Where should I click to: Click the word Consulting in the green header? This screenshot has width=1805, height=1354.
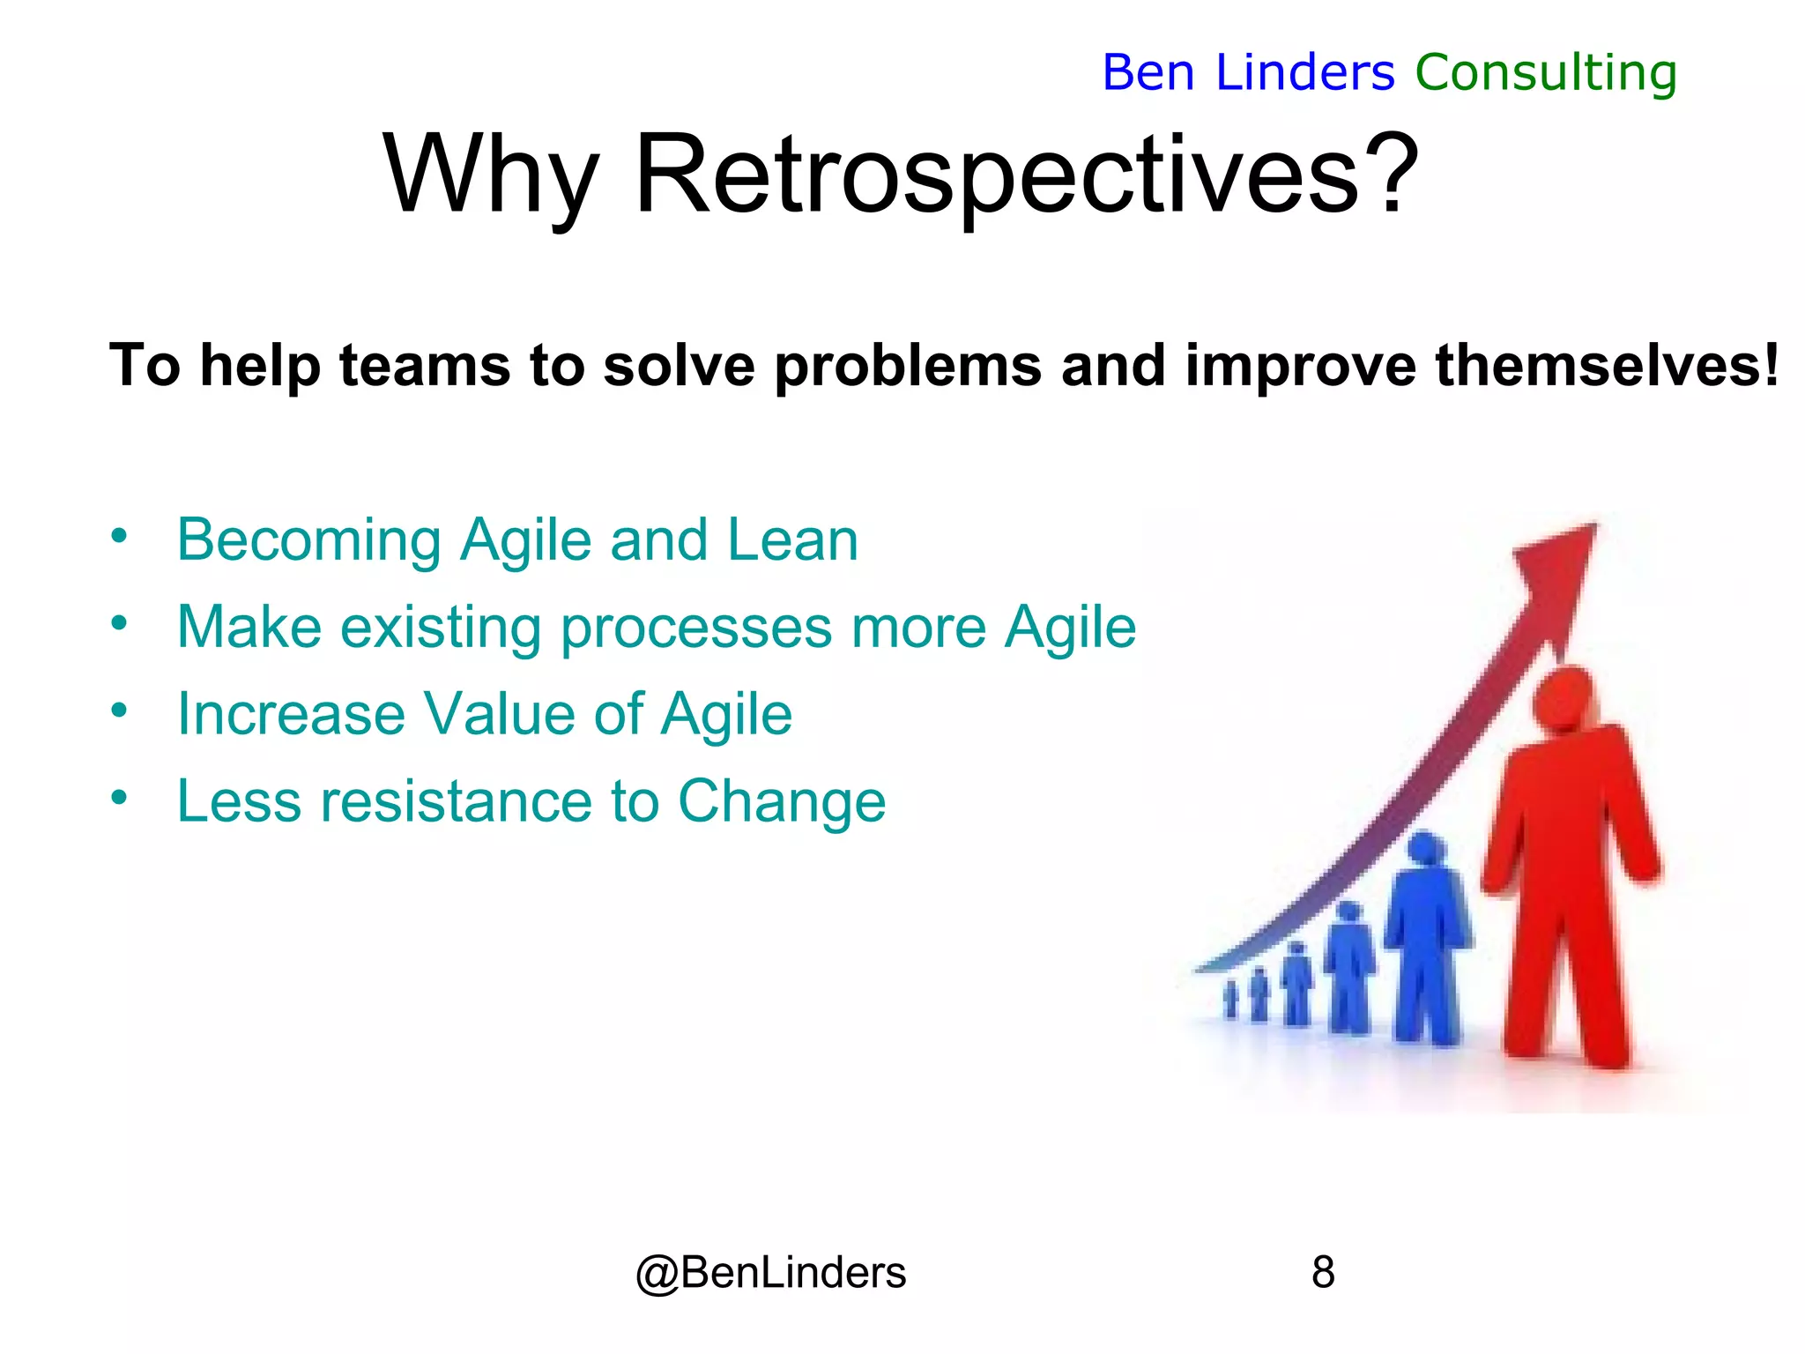(1545, 72)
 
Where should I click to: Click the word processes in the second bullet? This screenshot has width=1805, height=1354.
(695, 628)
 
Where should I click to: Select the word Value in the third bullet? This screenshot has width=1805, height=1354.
(499, 713)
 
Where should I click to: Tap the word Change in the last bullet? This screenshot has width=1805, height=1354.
(781, 801)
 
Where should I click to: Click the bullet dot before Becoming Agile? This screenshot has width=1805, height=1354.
(120, 535)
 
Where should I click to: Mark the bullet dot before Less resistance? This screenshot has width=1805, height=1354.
(120, 797)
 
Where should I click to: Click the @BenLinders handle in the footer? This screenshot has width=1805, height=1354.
(770, 1273)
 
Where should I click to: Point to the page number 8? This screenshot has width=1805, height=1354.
(1323, 1273)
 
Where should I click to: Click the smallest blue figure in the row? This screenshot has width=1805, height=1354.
(1231, 1001)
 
